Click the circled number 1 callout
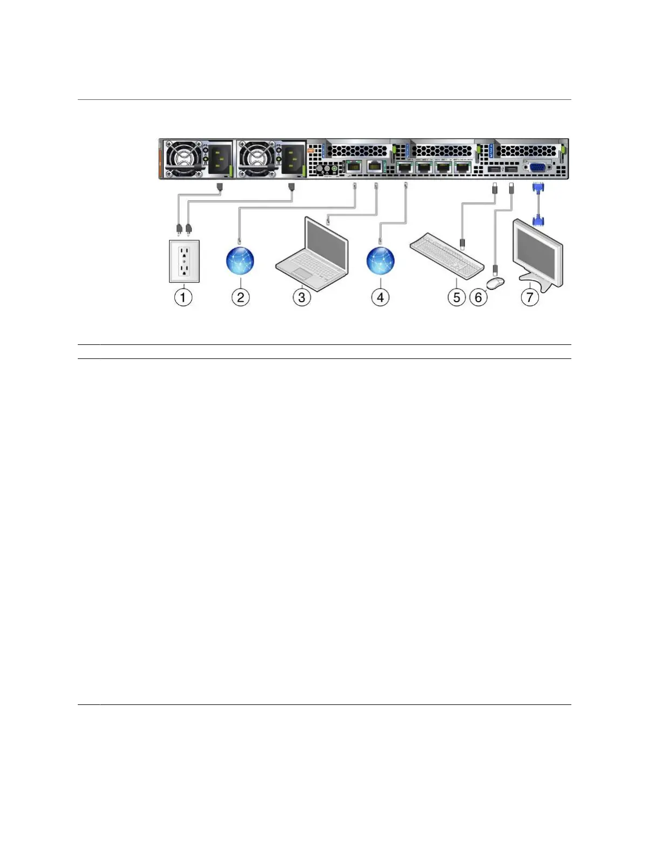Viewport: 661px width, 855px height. tap(183, 297)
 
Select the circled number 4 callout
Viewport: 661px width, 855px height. tap(380, 297)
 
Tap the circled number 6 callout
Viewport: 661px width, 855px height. tap(478, 297)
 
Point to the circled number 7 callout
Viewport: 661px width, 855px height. tap(530, 297)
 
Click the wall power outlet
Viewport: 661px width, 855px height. tap(184, 261)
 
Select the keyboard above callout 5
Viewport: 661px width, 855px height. tap(447, 258)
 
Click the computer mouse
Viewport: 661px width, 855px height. tap(495, 281)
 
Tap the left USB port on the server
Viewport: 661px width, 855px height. tap(494, 170)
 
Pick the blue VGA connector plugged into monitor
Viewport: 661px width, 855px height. tap(538, 220)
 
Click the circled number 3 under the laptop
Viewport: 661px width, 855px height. tap(302, 297)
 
